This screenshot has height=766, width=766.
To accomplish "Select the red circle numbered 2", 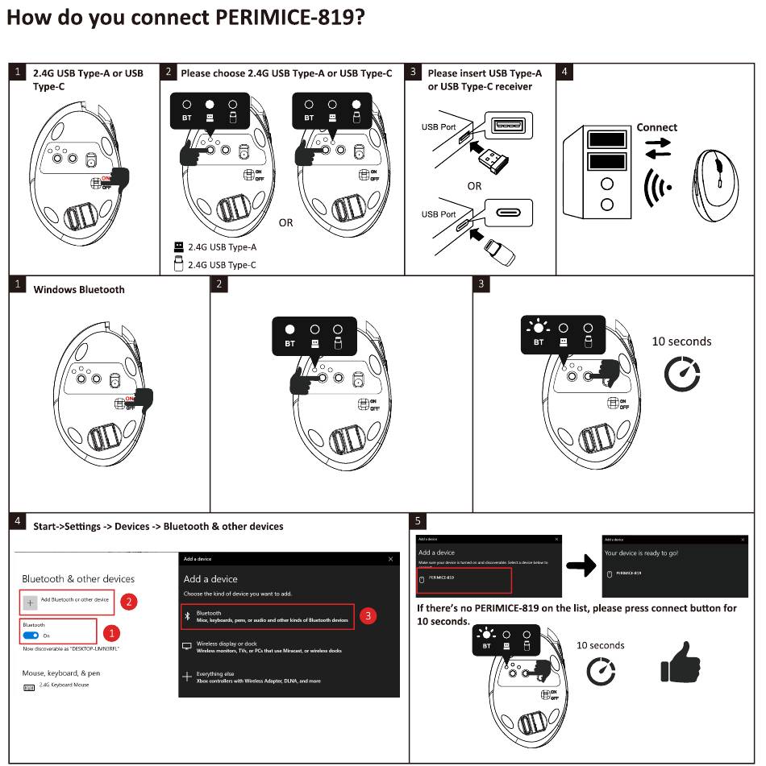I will click(127, 601).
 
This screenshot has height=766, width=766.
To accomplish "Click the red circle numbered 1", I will click(112, 633).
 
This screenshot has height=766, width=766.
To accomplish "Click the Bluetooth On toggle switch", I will click(31, 636).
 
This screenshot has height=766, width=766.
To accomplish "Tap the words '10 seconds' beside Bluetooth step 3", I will click(681, 342).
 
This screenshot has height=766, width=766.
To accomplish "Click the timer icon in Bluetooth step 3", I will click(682, 374).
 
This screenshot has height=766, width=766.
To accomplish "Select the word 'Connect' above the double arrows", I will click(656, 127).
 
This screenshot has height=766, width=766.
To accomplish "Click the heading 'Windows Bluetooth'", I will click(79, 290).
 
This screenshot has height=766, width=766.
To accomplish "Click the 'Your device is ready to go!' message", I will click(641, 553).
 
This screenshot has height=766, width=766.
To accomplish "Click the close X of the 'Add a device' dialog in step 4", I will click(391, 559).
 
